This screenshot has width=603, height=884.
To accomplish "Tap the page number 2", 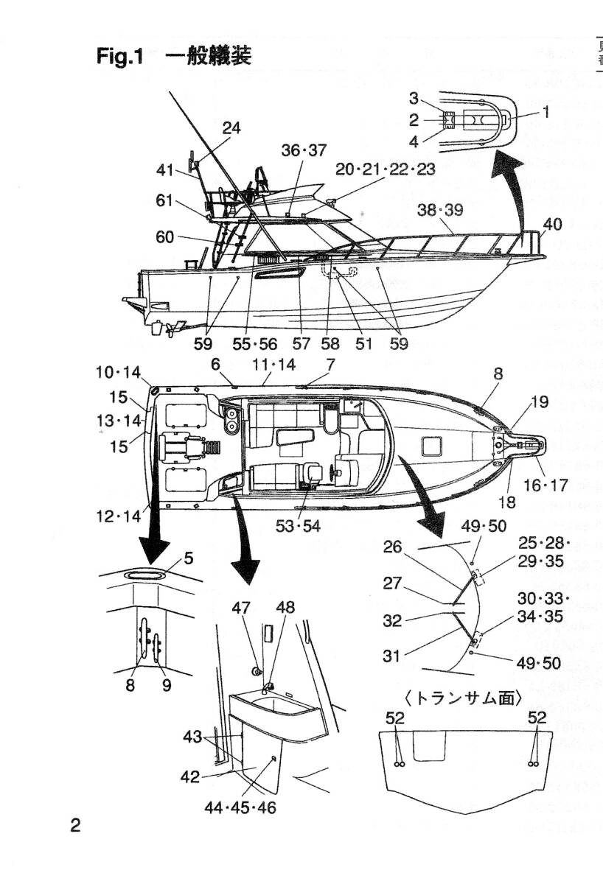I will coord(75,824).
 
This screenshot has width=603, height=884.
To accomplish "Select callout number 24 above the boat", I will coord(231,128).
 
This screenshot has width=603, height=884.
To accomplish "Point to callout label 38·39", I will coord(440,211).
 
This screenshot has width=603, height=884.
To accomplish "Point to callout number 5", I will coord(189,558).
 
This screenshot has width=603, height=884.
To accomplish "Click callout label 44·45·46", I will coord(240,808).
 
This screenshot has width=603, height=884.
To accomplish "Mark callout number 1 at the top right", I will coord(546,112).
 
